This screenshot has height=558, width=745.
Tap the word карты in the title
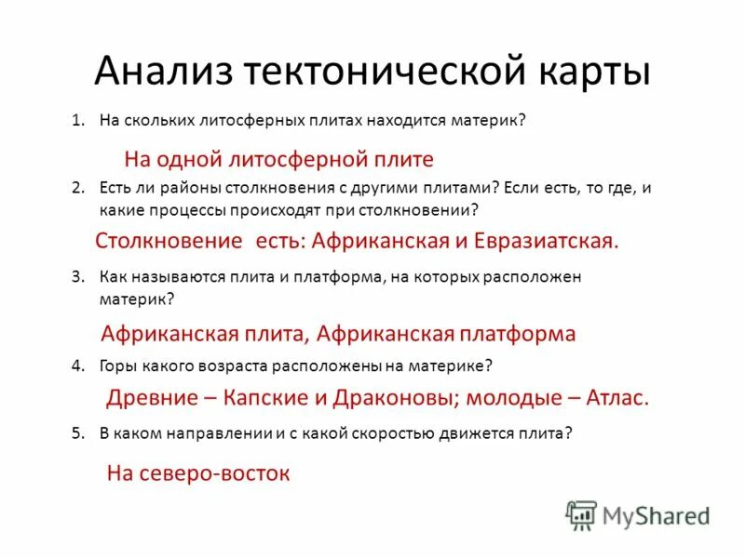[593, 71]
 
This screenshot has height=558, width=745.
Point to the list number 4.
[78, 365]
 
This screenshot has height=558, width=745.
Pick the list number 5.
[78, 432]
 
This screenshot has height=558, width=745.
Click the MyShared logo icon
[582, 514]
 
